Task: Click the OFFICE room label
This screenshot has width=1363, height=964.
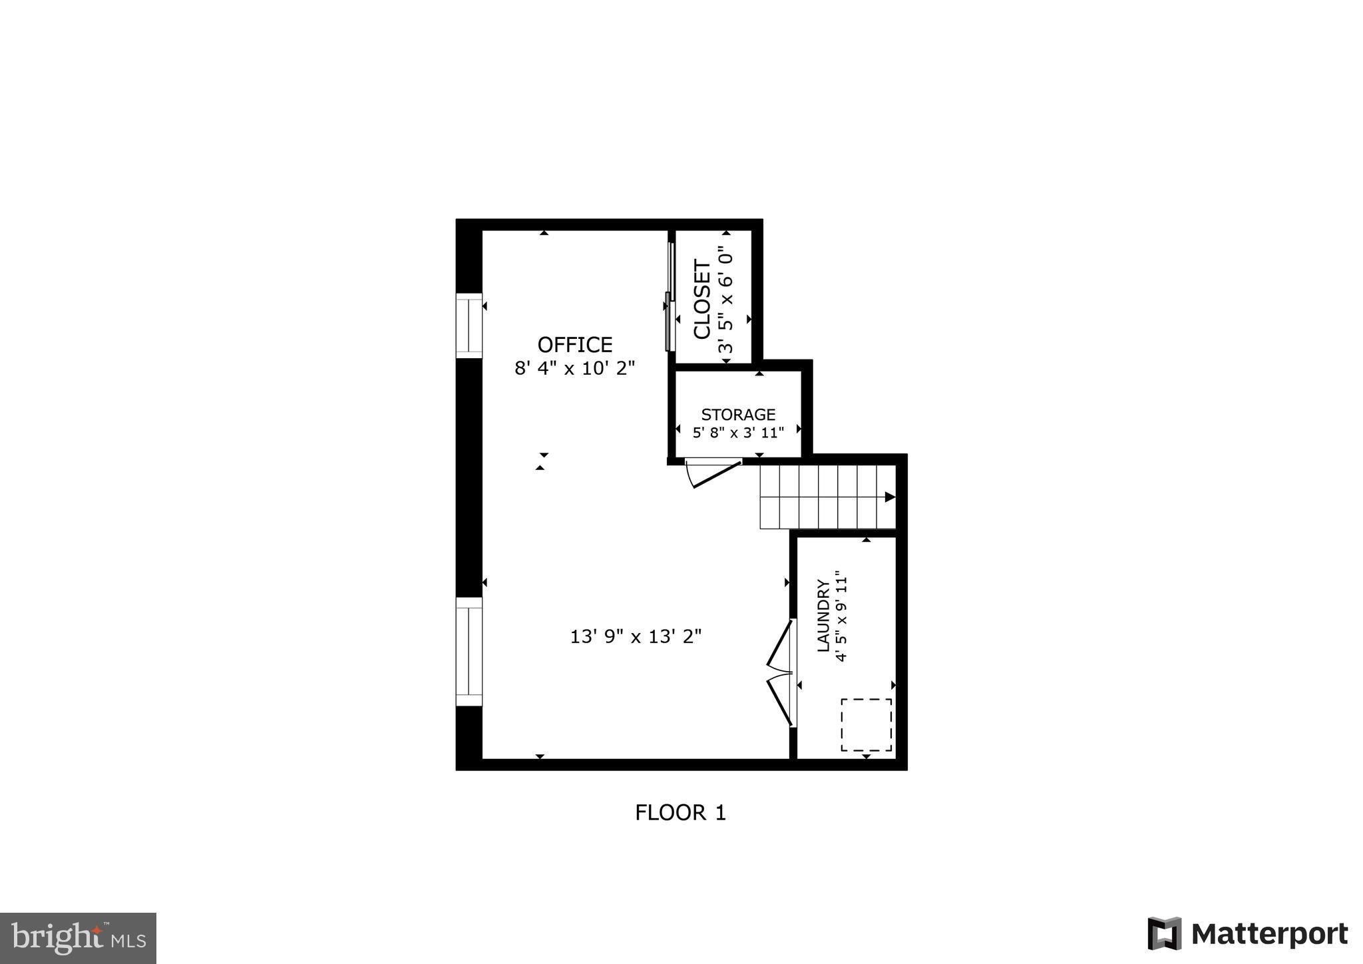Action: pyautogui.click(x=574, y=345)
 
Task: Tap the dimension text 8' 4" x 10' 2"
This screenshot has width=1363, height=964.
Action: pyautogui.click(x=574, y=368)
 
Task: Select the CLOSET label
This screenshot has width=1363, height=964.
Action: pyautogui.click(x=702, y=299)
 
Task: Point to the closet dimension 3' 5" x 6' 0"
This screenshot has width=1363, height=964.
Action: pyautogui.click(x=725, y=300)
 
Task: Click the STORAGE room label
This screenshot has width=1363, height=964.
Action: pyautogui.click(x=738, y=415)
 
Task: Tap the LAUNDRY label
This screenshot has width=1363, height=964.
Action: pyautogui.click(x=823, y=616)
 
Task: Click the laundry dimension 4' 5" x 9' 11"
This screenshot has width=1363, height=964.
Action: pyautogui.click(x=843, y=616)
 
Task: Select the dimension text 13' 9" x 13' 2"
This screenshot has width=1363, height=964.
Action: pyautogui.click(x=636, y=637)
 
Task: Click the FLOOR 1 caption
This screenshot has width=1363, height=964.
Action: pyautogui.click(x=680, y=813)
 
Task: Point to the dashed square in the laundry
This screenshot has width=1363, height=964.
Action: pyautogui.click(x=866, y=724)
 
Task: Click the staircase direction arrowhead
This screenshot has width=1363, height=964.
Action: pyautogui.click(x=889, y=497)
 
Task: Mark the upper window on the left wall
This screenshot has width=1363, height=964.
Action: pyautogui.click(x=469, y=326)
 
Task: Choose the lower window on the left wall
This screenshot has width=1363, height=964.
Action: pyautogui.click(x=469, y=651)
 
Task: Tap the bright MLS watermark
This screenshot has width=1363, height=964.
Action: pyautogui.click(x=78, y=938)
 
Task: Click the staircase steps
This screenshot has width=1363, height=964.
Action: pyautogui.click(x=825, y=497)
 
